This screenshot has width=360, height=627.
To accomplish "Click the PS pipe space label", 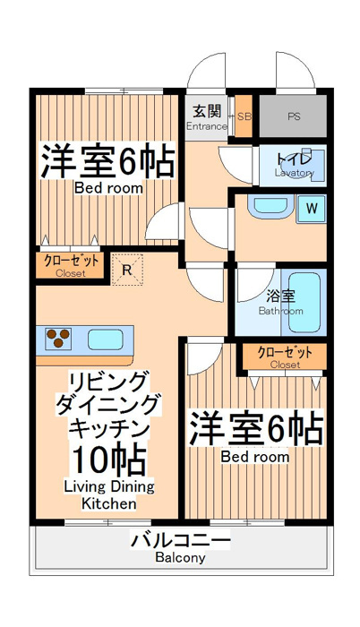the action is tap(294, 117).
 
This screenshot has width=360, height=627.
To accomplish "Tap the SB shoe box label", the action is tap(244, 116).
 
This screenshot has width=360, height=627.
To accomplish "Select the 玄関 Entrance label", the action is tap(207, 117).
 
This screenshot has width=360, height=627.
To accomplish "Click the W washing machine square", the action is tap(312, 209).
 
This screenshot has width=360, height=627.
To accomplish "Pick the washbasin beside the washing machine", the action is tap(270, 206).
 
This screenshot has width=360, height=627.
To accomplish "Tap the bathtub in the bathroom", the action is tap(304, 303).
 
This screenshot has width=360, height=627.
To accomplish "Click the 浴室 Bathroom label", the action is tap(281, 303).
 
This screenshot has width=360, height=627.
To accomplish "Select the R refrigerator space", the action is tap(127, 270).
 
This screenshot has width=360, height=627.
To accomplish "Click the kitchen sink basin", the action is tap(105, 339).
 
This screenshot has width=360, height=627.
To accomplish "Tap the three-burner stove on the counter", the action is tap(58, 338).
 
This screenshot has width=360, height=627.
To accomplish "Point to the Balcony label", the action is tap(180, 557).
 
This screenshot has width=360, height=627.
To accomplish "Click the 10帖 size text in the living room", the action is tap(108, 460).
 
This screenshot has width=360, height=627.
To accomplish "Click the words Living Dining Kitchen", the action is tap(109, 495).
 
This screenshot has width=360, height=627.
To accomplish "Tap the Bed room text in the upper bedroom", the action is tap(108, 187).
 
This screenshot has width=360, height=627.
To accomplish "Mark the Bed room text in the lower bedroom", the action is tap(255, 456).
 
